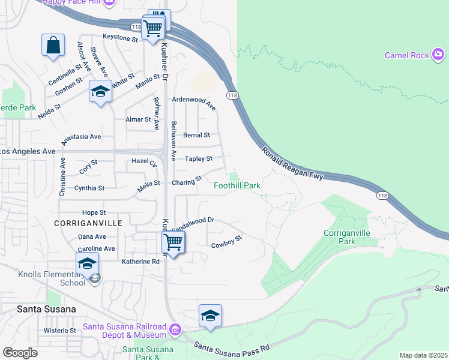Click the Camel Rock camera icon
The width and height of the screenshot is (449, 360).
(x=439, y=56)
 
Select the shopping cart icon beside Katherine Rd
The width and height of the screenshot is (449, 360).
(x=173, y=242)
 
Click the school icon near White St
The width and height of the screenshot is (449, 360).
(x=100, y=91)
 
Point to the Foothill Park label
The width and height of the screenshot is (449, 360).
(x=238, y=185)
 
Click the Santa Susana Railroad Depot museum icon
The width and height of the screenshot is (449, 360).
(x=175, y=329)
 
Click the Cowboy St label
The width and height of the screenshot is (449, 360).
(x=226, y=242)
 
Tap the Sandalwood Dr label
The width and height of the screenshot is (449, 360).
(x=193, y=224)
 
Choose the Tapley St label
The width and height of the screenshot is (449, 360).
(x=199, y=158)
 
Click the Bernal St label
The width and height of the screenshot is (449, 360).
(x=196, y=136)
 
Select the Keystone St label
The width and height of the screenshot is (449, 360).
(x=120, y=37)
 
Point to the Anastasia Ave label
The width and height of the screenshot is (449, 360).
(x=82, y=136)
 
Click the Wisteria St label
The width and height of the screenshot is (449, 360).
(x=60, y=330)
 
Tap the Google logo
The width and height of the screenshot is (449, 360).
(x=20, y=353)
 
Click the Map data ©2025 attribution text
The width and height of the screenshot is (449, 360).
(x=423, y=355)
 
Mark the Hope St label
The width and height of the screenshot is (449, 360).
(x=94, y=212)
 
